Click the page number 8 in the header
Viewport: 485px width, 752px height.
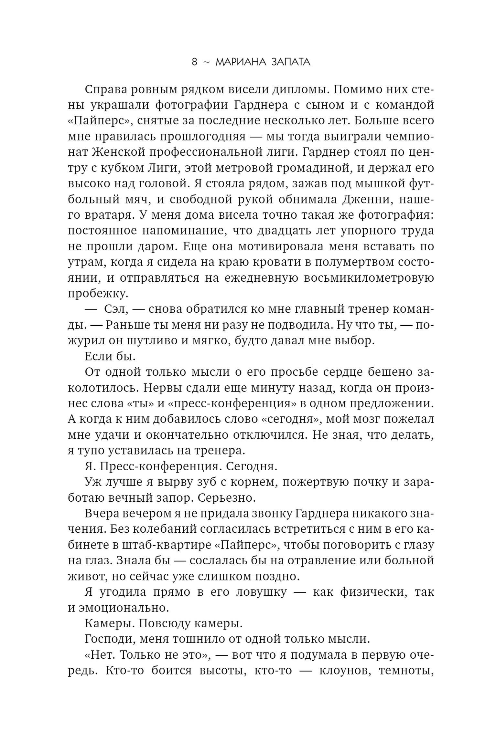point(194,62)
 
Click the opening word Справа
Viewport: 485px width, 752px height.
point(104,89)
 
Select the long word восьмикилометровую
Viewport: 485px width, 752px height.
point(369,278)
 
